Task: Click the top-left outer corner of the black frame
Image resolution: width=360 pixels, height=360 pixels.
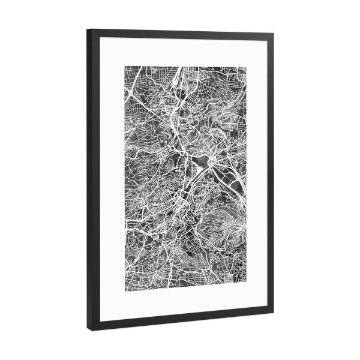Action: click(x=87, y=29)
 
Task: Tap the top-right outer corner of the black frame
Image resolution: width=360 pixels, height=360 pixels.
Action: click(x=274, y=32)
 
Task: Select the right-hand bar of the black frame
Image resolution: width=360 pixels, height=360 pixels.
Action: click(x=270, y=174)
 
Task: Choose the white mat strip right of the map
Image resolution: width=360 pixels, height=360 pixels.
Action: click(x=256, y=174)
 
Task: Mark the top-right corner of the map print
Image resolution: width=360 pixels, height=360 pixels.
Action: click(x=247, y=64)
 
